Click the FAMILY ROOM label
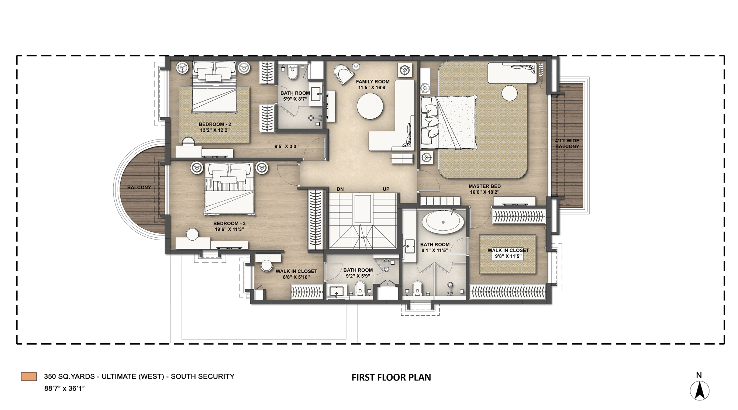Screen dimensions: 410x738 coord(372,82)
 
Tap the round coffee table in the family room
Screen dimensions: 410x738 coord(370,106)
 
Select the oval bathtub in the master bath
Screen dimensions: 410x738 coord(443,222)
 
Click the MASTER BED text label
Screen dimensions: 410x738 coord(484,186)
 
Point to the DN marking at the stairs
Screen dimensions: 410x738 coord(340,189)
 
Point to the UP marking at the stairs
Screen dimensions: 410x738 coord(386,189)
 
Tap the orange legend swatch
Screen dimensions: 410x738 coord(29,376)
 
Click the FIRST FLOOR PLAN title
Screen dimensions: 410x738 coord(391,378)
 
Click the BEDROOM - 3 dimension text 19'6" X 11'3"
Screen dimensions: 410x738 coord(229,229)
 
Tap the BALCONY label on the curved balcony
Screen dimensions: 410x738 coord(139,187)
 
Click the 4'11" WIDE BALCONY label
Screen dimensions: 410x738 coord(567,144)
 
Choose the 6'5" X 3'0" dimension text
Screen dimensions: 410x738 coord(286,147)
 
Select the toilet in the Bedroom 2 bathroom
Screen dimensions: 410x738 coord(293,73)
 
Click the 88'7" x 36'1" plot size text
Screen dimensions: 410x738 coord(64,389)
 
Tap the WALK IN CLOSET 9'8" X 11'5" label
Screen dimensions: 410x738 coord(508,253)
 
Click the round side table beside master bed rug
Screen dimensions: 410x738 coord(510,93)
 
